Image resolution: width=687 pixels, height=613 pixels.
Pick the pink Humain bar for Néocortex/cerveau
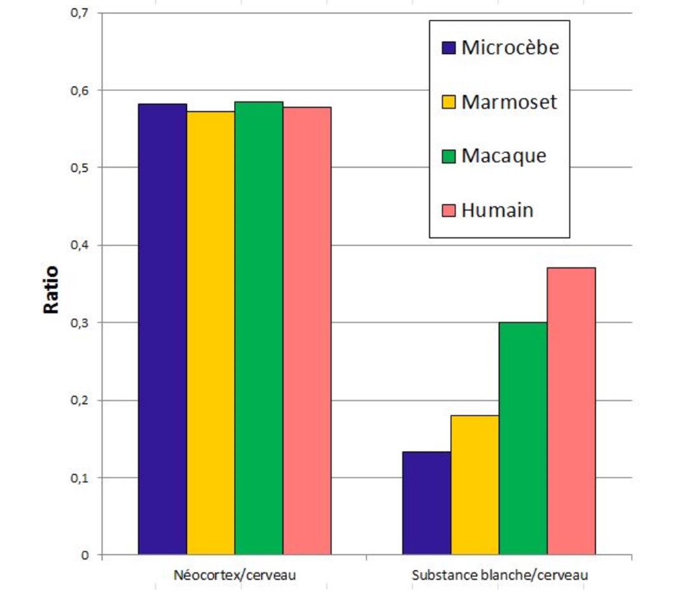(307, 330)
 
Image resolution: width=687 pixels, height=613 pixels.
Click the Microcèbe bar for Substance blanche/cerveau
(427, 503)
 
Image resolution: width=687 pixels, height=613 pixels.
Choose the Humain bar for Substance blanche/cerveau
(571, 411)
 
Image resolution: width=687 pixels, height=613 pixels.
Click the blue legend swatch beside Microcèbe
(448, 48)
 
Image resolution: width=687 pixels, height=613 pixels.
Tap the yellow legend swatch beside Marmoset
(448, 102)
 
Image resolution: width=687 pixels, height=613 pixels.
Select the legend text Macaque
(504, 155)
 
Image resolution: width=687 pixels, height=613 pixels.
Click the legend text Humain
(497, 211)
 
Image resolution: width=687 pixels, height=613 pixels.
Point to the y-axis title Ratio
(52, 290)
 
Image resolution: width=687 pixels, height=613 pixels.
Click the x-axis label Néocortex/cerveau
(235, 575)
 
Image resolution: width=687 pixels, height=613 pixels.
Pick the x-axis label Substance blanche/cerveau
(500, 575)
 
